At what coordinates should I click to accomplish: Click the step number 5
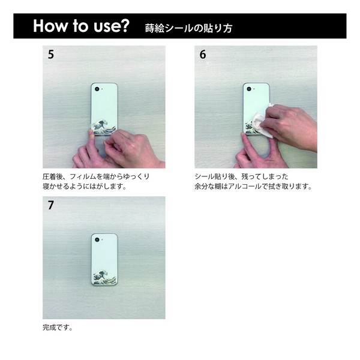point(51,55)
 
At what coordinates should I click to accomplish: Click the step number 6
point(203,55)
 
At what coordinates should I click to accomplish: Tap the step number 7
point(51,205)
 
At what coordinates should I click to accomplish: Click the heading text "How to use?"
point(81,26)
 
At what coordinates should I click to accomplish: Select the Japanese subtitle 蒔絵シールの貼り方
point(188,28)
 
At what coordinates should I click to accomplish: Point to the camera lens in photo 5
point(97,89)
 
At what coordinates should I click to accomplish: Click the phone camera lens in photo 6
point(249,89)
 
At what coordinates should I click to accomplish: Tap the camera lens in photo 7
point(97,239)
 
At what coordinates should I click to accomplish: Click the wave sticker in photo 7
point(104,278)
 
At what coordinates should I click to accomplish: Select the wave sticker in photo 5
point(103,127)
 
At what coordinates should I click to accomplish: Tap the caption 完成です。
point(58,328)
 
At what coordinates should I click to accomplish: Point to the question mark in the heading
point(125,25)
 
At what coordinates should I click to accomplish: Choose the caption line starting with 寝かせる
point(85,187)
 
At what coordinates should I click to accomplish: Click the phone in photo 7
point(104,259)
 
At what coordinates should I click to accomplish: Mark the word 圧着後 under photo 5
point(53,176)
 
